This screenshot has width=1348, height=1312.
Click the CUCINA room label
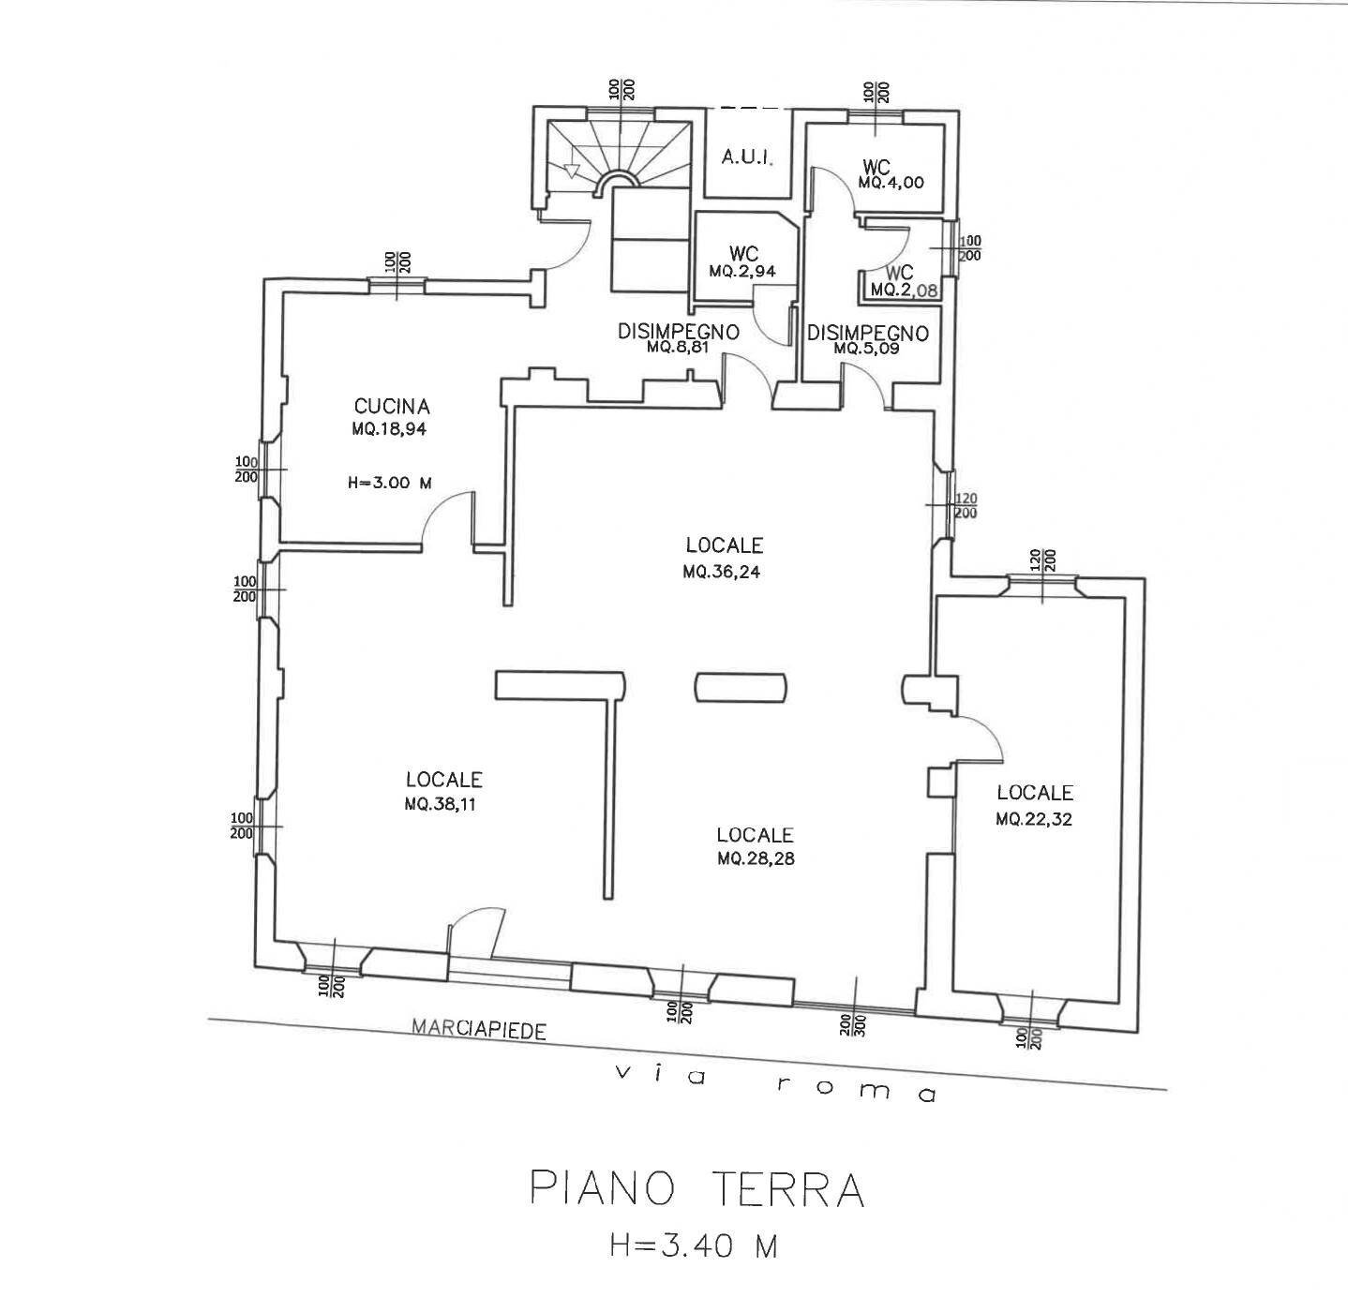point(392,406)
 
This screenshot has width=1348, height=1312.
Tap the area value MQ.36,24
point(721,570)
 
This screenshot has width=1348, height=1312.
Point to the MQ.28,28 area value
point(756,857)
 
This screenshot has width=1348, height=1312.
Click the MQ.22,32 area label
point(1034,818)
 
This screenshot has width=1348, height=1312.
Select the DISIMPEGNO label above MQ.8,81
point(678,331)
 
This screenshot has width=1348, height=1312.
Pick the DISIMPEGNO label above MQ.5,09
point(867,333)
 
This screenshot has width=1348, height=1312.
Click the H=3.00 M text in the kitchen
point(389,484)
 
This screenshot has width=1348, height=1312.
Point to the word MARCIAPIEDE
point(479,1029)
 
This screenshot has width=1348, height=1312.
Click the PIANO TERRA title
point(696,1189)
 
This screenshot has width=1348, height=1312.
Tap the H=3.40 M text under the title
point(693,1245)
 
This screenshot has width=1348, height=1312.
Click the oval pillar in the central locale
point(741,687)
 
